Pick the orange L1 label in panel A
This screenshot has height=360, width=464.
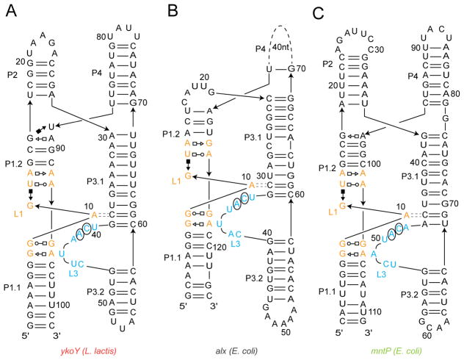tap(18, 213)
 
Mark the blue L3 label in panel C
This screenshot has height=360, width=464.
tap(382, 274)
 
